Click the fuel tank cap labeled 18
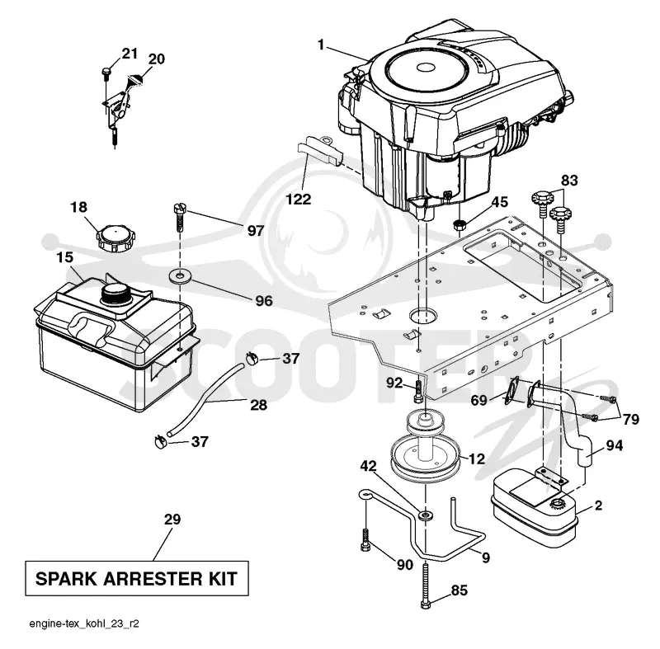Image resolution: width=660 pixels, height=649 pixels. tap(112, 237)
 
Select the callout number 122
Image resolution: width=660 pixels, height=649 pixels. tap(299, 199)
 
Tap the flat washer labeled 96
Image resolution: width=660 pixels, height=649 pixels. tap(180, 277)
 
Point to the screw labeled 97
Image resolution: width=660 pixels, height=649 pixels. tap(180, 218)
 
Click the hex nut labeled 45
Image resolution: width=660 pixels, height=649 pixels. tap(460, 224)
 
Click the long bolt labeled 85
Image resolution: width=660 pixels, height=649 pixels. tap(426, 586)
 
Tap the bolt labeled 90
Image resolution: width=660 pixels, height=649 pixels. tap(365, 540)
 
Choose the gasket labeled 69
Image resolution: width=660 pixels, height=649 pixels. tap(512, 390)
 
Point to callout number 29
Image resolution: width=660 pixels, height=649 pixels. tap(172, 520)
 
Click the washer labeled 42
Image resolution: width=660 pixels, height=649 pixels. tap(426, 515)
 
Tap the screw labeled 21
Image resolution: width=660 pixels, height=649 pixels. tap(106, 73)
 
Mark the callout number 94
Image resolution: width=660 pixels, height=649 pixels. tap(614, 445)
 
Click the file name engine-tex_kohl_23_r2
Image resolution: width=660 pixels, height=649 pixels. tap(84, 623)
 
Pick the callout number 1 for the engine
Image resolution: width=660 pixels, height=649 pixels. tap(321, 45)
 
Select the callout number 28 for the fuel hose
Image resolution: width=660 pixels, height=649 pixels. tap(258, 405)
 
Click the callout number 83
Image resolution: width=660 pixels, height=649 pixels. tap(569, 181)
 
